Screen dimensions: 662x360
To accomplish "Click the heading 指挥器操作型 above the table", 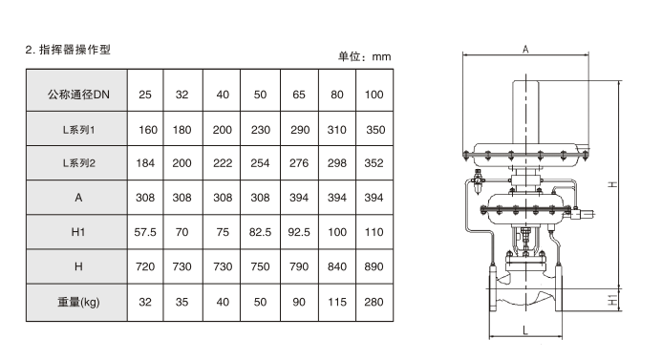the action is click(75, 50).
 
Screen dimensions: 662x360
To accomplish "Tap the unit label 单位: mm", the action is click(364, 56).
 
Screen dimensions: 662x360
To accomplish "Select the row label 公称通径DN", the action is click(78, 95).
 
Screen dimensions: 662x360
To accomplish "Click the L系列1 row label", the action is click(79, 130).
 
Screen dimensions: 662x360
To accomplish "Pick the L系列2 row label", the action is click(79, 163).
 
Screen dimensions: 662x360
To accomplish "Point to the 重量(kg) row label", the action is click(78, 302).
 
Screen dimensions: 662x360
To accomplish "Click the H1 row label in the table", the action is click(78, 232).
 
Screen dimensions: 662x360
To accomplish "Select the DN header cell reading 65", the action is click(299, 95).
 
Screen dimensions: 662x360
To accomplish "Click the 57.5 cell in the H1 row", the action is click(145, 232).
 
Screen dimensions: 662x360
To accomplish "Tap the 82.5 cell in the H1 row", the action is click(260, 232).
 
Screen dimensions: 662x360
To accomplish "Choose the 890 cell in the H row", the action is click(374, 266).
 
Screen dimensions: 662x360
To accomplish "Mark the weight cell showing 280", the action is click(374, 302).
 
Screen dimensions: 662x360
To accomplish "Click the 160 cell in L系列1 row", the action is click(148, 130).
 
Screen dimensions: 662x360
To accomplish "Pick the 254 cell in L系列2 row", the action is click(260, 163).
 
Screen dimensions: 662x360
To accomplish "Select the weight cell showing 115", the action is click(337, 302).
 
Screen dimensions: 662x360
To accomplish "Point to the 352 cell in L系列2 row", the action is click(374, 163).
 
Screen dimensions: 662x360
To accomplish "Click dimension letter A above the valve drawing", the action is click(525, 50).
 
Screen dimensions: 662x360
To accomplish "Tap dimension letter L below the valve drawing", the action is click(525, 330).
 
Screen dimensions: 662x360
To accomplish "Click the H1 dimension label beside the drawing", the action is click(612, 301).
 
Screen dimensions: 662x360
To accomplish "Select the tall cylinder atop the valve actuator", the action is click(526, 112).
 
